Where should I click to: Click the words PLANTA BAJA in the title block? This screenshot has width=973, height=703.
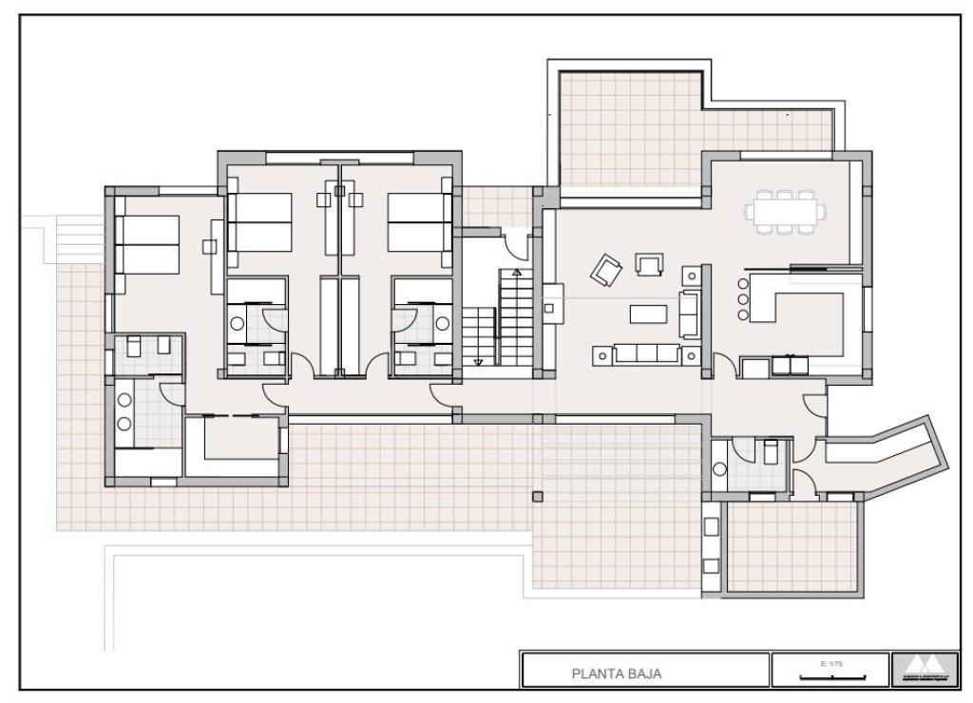coord(616,674)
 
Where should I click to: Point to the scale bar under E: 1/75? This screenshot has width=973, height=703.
coord(832,676)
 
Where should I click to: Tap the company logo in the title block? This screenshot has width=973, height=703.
coord(920,670)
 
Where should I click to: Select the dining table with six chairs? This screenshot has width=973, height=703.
coord(785,211)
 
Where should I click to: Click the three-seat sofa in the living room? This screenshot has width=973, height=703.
coord(647,354)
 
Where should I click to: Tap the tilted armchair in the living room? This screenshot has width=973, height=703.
coord(605,272)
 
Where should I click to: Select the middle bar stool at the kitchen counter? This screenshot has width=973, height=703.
coord(742,298)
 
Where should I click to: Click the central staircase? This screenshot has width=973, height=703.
coord(499,319)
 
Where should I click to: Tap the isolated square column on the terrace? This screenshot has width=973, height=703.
coord(538,496)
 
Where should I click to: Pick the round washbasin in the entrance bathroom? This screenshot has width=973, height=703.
coord(719,468)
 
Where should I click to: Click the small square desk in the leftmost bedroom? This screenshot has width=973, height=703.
coord(210,246)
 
